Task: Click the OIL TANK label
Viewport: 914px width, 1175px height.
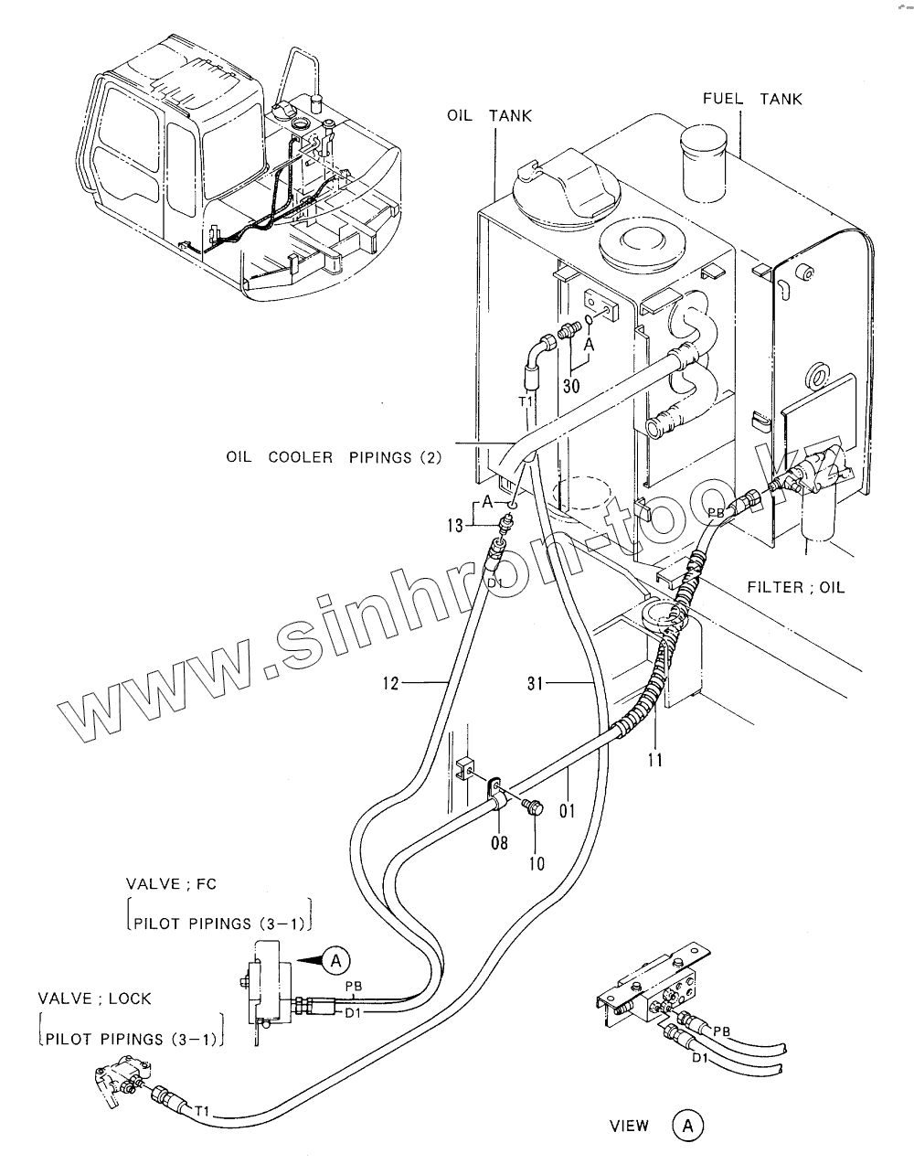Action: click(488, 116)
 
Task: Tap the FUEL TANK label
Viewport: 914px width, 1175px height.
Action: click(752, 99)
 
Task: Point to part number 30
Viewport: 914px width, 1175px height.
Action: click(571, 386)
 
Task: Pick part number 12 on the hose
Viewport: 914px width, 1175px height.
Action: click(390, 682)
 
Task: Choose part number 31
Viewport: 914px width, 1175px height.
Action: click(537, 682)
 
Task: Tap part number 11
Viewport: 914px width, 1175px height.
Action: click(655, 758)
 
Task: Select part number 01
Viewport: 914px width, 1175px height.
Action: click(568, 810)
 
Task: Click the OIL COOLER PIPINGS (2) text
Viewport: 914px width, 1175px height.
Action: click(334, 456)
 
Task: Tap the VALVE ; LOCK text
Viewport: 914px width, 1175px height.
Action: click(94, 998)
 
